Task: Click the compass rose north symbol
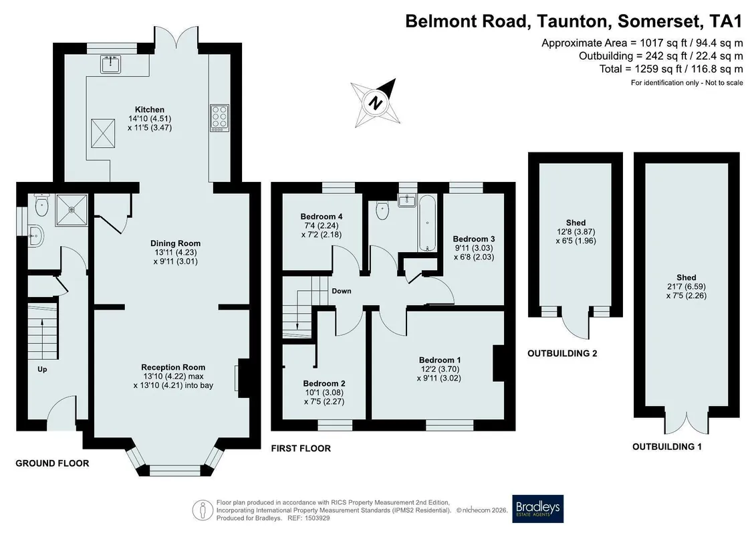(x=375, y=103)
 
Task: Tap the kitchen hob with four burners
(x=219, y=118)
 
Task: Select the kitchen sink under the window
(x=111, y=64)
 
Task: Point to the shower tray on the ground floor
(x=72, y=210)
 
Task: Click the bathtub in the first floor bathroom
(x=427, y=223)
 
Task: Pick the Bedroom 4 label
(x=321, y=217)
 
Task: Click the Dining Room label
(x=176, y=243)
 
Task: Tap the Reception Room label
(x=173, y=367)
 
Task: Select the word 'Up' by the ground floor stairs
(x=42, y=370)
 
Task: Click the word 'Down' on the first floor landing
(x=342, y=291)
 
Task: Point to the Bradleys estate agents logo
(x=537, y=509)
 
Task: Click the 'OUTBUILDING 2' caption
(x=562, y=354)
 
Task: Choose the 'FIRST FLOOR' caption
(x=301, y=449)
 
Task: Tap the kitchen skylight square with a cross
(x=103, y=132)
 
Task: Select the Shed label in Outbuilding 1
(x=686, y=278)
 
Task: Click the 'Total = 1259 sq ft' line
(x=671, y=69)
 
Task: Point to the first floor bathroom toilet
(x=382, y=211)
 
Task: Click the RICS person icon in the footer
(x=203, y=510)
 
